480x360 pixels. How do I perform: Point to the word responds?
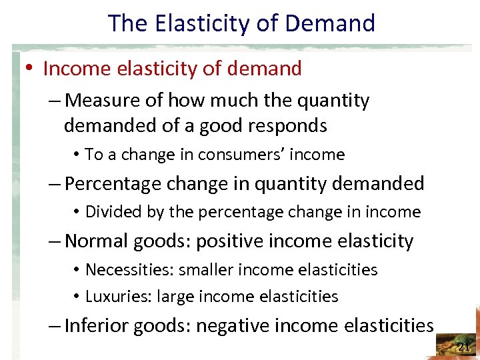coord(293,125)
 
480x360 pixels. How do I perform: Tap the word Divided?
coord(109,212)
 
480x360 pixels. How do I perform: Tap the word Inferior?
coord(96,325)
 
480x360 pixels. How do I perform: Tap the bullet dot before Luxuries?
coord(77,297)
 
